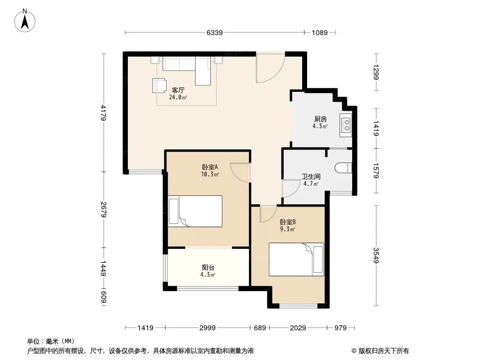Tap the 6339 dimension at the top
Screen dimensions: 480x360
point(215,32)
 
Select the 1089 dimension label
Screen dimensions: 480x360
point(320,32)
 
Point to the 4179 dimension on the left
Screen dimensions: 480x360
point(104,112)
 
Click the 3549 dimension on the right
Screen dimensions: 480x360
point(376,255)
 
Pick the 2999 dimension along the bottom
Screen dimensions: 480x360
point(208,328)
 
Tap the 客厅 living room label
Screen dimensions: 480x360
point(178,90)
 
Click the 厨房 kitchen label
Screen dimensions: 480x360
point(320,119)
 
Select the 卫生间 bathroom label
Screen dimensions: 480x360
point(311,176)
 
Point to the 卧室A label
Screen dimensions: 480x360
point(210,167)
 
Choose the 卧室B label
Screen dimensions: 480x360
point(288,222)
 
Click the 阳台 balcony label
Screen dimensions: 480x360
point(208,268)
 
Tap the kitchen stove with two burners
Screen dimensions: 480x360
point(346,125)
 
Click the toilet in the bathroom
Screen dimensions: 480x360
point(343,168)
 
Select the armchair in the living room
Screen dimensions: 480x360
point(159,85)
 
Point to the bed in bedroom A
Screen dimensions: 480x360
point(195,211)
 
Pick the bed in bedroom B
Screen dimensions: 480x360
point(296,259)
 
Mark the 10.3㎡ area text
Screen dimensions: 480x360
point(210,174)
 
